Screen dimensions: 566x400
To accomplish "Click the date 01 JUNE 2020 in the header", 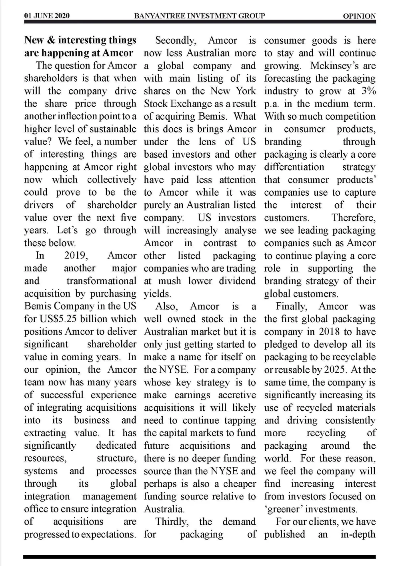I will pos(47,16).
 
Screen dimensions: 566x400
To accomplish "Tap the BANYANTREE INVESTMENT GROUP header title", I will pos(200,16).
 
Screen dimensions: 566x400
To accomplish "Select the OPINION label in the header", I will pos(359,16).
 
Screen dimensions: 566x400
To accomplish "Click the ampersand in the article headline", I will pos(51,40).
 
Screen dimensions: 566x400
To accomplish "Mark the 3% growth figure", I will pos(368,91).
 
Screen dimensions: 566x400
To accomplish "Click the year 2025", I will pos(336,369).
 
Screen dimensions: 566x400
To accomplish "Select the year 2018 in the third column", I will pos(329,332).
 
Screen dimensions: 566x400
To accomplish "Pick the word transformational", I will pos(101,281).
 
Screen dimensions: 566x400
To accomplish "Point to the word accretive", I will pos(237,395).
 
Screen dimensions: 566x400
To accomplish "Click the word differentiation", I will pos(294,167).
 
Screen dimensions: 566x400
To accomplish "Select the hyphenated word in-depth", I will pos(358,534).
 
